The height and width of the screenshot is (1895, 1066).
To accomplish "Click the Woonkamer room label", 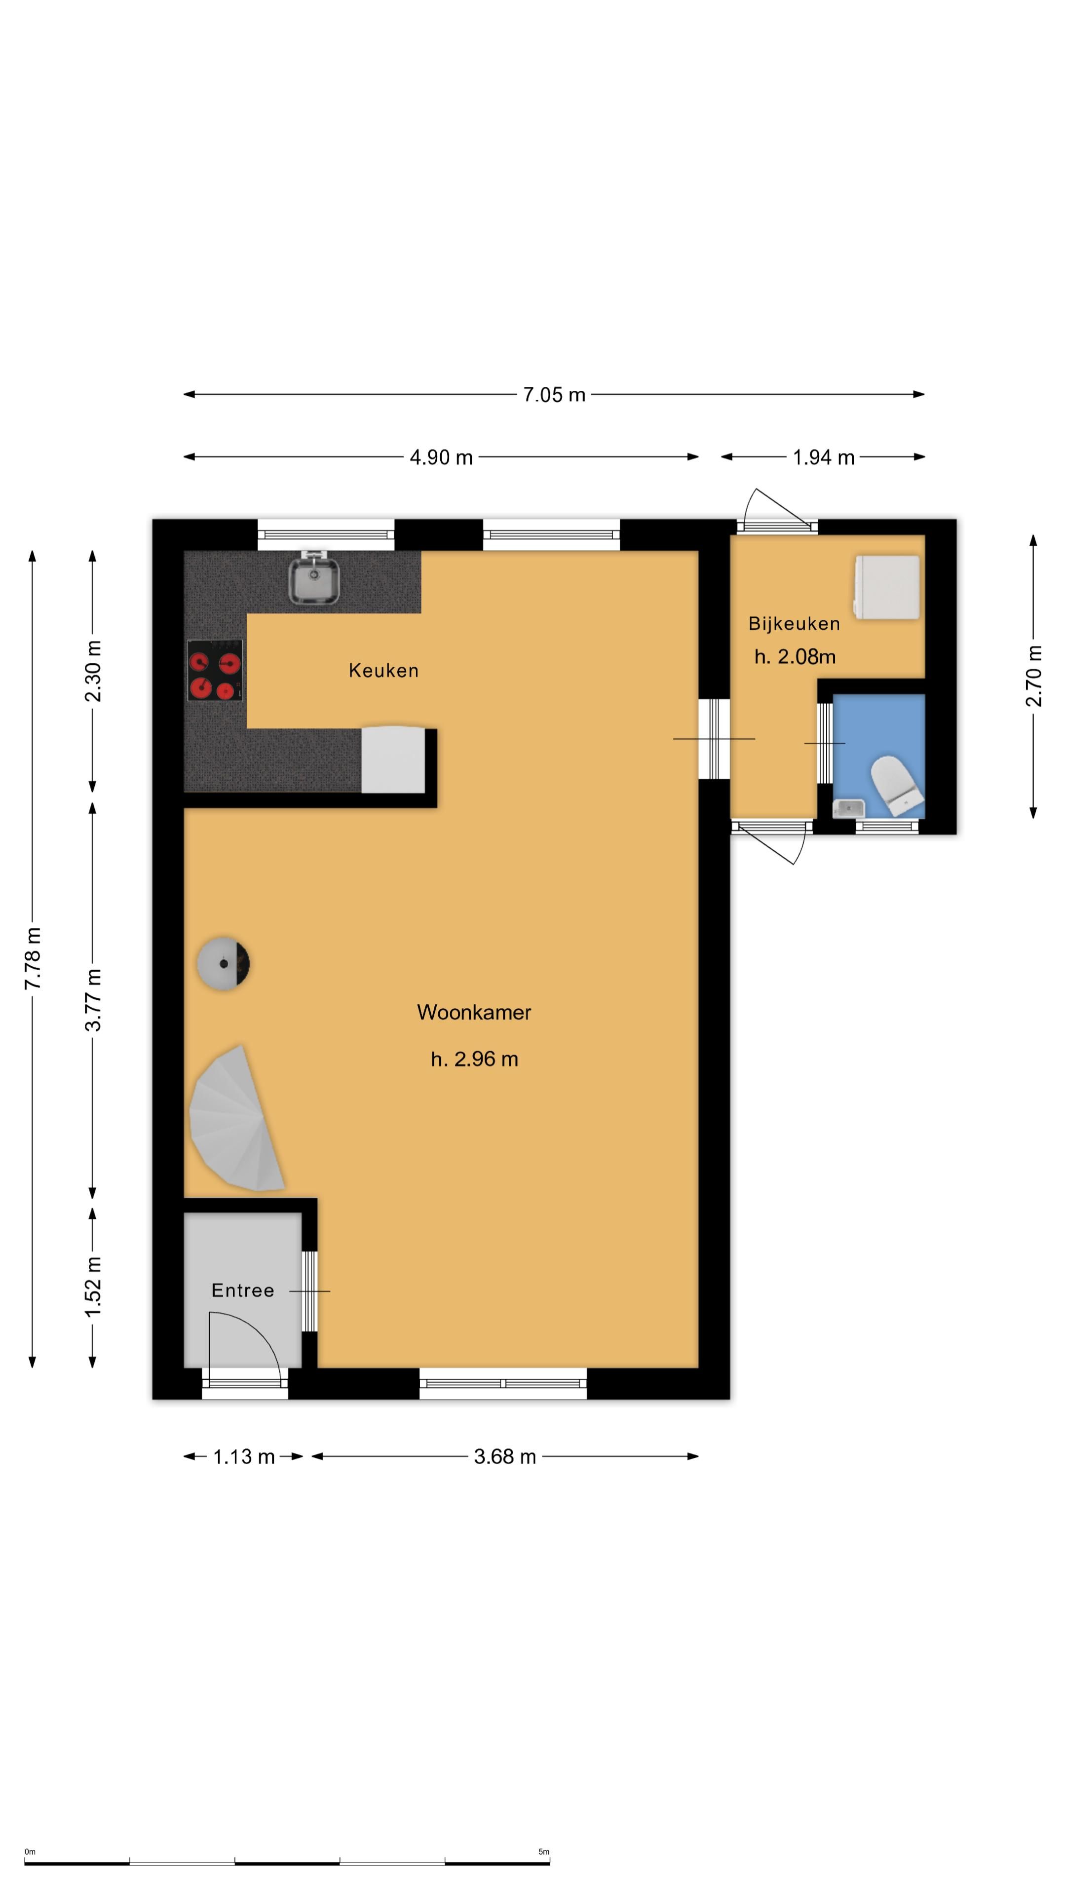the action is [474, 1012].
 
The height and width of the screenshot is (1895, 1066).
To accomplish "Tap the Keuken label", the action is [383, 670].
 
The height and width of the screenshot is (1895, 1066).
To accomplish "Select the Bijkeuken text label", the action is [794, 624].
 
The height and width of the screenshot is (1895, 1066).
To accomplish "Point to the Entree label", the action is [243, 1290].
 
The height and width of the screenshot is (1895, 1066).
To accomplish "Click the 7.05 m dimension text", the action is [554, 395].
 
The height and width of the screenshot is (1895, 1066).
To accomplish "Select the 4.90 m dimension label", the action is [441, 457].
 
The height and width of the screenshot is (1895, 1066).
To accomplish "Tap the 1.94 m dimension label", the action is [823, 457].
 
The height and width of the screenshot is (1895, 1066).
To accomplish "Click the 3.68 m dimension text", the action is [505, 1457].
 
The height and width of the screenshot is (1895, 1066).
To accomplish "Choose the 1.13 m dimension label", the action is [243, 1457].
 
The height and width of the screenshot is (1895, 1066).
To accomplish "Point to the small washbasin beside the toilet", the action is [848, 808].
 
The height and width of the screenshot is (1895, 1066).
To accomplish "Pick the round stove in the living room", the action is [223, 964].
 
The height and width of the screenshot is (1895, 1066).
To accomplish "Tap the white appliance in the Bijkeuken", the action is [886, 587].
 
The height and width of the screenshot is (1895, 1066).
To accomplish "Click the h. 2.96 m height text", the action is [474, 1060].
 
